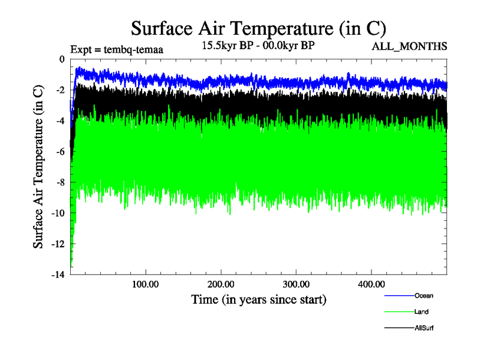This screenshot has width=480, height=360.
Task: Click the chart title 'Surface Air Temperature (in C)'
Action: pyautogui.click(x=258, y=29)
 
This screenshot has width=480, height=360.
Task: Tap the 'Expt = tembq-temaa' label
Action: pyautogui.click(x=117, y=50)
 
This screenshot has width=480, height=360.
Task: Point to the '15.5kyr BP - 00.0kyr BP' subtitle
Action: pyautogui.click(x=258, y=46)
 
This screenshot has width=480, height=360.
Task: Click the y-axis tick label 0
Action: pyautogui.click(x=61, y=59)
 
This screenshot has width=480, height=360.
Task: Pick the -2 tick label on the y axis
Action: pyautogui.click(x=59, y=90)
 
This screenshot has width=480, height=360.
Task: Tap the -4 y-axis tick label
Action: pyautogui.click(x=59, y=121)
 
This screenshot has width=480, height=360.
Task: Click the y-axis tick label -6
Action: pyautogui.click(x=59, y=151)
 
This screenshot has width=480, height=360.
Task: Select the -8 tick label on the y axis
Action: pyautogui.click(x=59, y=182)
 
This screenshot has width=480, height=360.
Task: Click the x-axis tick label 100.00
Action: pyautogui.click(x=146, y=283)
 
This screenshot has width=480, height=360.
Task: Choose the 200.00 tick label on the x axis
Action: pyautogui.click(x=221, y=283)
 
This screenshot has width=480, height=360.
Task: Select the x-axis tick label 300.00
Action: pyautogui.click(x=296, y=283)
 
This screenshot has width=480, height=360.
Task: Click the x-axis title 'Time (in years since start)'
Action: pyautogui.click(x=259, y=299)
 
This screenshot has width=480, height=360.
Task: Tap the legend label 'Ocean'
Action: pyautogui.click(x=424, y=296)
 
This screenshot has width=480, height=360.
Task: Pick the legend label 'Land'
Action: pyautogui.click(x=421, y=312)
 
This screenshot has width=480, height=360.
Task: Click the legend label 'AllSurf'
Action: pyautogui.click(x=424, y=328)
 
